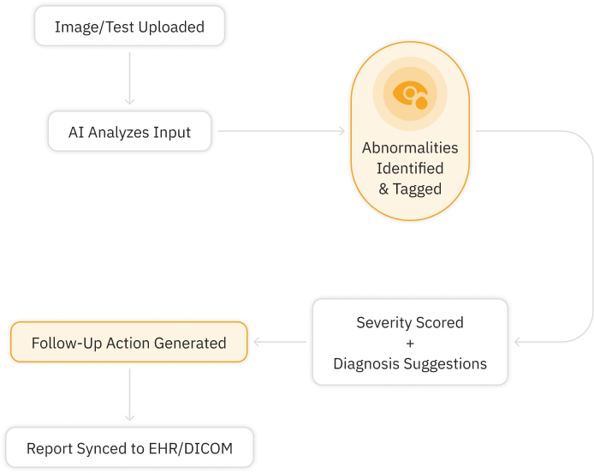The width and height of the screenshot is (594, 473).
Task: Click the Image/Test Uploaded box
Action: pos(129,27)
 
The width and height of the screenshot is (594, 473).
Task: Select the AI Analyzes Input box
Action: pos(129,133)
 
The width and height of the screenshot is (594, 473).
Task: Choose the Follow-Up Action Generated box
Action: pos(128,343)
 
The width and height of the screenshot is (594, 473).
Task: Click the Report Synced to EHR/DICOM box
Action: pos(129,448)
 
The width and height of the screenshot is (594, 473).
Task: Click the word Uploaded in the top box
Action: pos(174,27)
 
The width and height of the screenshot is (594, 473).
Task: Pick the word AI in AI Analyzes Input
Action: pos(77,133)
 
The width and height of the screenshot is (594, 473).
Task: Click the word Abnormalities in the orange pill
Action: pos(410,147)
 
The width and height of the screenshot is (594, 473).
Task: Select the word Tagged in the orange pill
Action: pos(418,189)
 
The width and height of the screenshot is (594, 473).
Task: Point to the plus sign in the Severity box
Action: pos(409,343)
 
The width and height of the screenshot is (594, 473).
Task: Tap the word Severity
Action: pos(383,323)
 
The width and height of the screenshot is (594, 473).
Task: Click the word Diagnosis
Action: pos(368,363)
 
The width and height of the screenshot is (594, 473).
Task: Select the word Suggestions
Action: pos(445,363)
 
